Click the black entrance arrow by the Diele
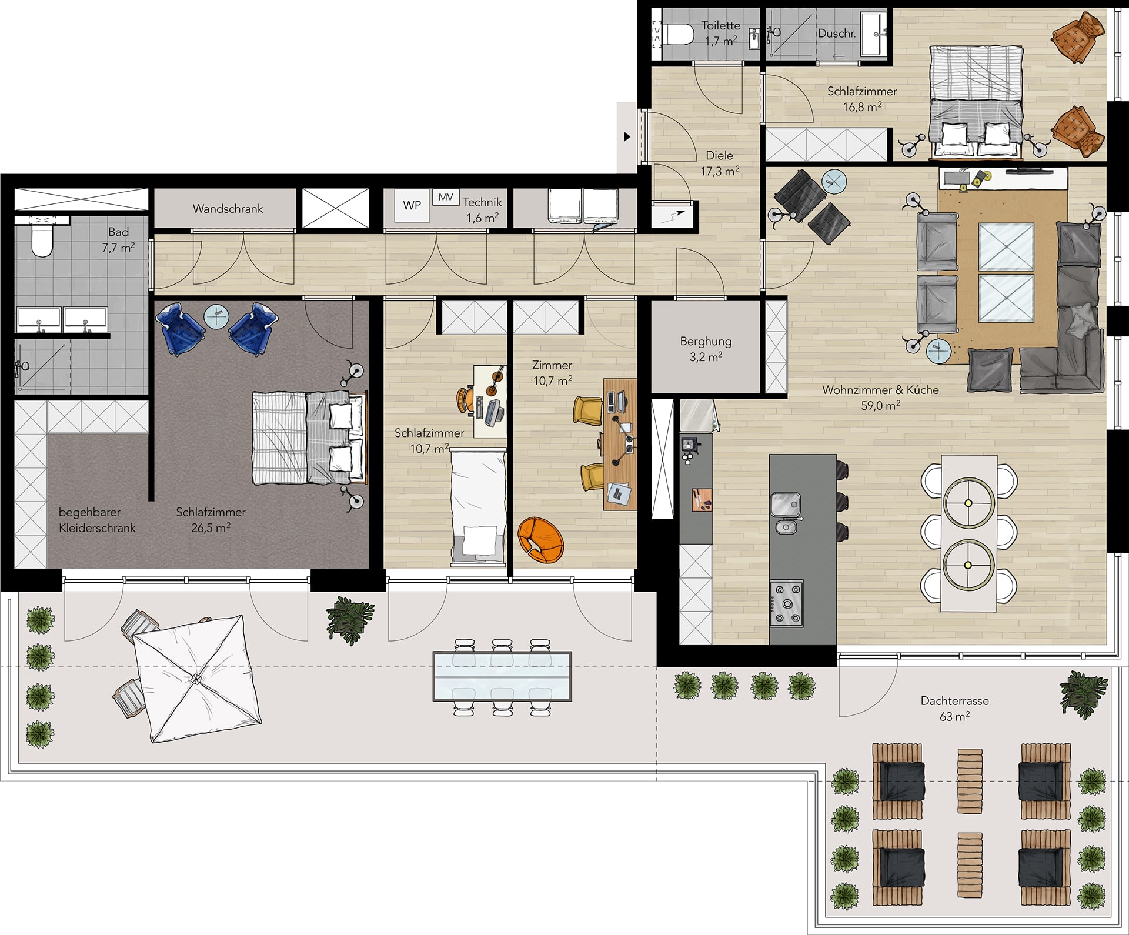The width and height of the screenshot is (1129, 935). coord(627,137)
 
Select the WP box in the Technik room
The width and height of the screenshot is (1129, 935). coord(412,205)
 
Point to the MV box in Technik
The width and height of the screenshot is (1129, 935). coord(446,197)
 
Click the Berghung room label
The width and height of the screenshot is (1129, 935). coord(706,349)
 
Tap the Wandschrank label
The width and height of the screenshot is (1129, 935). coord(228,209)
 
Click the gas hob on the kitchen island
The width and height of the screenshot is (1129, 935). coord(786,603)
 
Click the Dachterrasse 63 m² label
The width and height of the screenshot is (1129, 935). coord(954,709)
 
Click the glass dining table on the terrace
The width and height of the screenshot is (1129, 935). coord(502,676)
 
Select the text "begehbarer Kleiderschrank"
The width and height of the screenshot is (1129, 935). coord(97,520)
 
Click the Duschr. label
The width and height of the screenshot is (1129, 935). coord(837,34)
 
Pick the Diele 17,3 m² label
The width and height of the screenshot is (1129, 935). coord(720,163)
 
